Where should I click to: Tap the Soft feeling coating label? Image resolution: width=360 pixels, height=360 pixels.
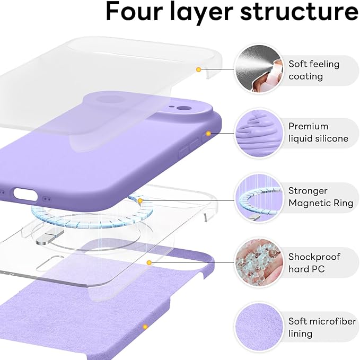pyautogui.click(x=314, y=70)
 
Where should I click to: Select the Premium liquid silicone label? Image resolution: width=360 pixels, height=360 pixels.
pyautogui.click(x=318, y=133)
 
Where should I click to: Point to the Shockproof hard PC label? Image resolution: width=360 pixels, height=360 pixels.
pyautogui.click(x=314, y=262)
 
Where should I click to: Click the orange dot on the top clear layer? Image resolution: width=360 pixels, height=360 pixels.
pyautogui.click(x=198, y=69)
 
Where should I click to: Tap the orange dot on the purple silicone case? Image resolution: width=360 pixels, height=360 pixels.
pyautogui.click(x=208, y=133)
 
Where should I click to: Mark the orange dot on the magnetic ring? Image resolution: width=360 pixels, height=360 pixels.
pyautogui.click(x=140, y=200)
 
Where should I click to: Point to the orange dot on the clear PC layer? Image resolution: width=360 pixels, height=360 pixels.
pyautogui.click(x=150, y=262)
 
